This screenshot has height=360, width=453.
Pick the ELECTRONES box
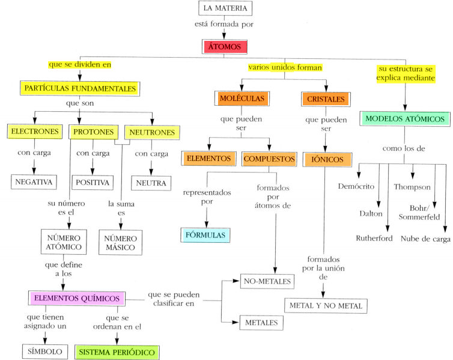[x=35, y=132]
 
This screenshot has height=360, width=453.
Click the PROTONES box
[x=95, y=132]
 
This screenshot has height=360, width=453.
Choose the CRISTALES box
[x=326, y=98]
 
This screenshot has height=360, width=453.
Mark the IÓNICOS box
[x=327, y=159]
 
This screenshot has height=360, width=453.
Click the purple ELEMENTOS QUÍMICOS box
[x=77, y=297]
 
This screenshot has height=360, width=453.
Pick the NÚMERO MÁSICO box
[x=121, y=243]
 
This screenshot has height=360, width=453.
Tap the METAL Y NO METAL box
[x=326, y=305]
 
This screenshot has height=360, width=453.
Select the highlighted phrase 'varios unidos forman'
[x=285, y=67]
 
